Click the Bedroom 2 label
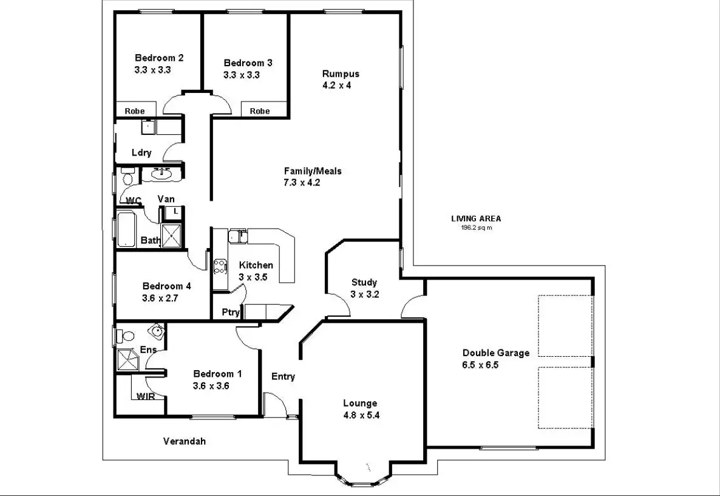(159, 58)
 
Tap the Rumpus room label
(340, 74)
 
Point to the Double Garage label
(495, 353)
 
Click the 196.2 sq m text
(476, 229)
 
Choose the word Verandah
(185, 441)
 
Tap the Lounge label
(360, 403)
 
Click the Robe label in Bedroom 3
(260, 111)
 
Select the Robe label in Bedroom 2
(135, 111)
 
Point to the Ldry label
(141, 153)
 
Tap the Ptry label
(231, 312)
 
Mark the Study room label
(364, 282)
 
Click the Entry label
(283, 376)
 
